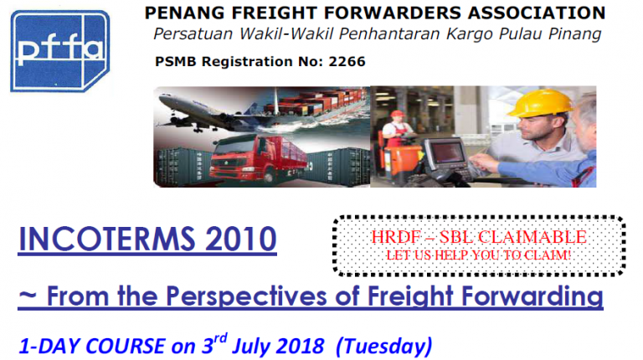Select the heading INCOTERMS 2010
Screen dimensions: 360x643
tap(147, 239)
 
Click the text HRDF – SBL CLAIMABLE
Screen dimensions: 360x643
tap(478, 237)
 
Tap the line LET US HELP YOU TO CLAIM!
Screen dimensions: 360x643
tap(478, 254)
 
